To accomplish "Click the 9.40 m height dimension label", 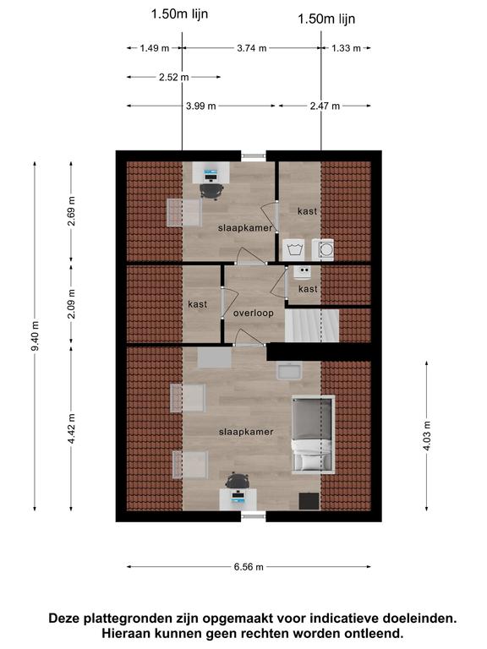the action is point(36,336).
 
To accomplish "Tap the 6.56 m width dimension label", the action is point(249,567).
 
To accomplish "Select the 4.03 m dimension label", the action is point(427,435).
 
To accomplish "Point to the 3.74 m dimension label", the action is point(252,48).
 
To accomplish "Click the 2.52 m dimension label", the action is point(174,77).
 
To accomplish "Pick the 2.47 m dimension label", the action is point(325,106).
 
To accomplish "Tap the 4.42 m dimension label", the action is point(72,428).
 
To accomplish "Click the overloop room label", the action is point(254,313).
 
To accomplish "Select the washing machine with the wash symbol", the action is point(293,249).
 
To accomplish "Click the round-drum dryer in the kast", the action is point(324,249).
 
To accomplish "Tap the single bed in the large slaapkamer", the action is point(313,434).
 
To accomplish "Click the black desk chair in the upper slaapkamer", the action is point(211,191).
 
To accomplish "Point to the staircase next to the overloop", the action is point(312,325).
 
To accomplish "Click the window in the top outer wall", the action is point(254,156).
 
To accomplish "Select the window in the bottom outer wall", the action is point(254,515).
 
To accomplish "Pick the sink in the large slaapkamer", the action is point(289,370).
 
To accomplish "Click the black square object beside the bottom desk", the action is point(309,501).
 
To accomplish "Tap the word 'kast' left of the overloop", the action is point(198,304).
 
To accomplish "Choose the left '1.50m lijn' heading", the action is point(180,14).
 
